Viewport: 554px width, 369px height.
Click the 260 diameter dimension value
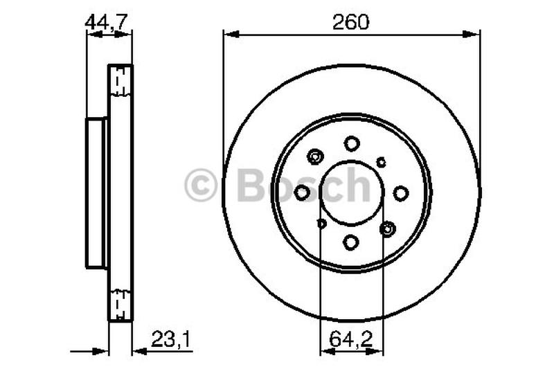pos(351,22)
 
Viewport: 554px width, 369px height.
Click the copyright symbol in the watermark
pos(201,186)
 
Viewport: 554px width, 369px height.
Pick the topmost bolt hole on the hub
pos(352,143)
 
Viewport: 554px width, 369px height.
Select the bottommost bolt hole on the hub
pos(351,242)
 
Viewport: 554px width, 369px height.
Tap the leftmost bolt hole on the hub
pos(302,193)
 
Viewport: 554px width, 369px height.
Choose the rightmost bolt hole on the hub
pos(401,193)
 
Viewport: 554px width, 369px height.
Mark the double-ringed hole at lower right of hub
pos(386,228)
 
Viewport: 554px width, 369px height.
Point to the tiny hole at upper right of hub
pos(381,162)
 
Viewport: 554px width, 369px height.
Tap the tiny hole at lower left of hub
pos(321,224)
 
